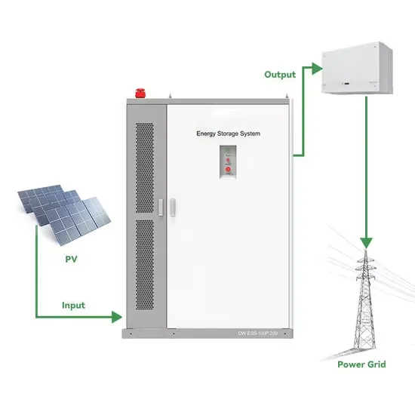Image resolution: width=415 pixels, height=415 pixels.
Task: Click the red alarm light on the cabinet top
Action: coord(140,94)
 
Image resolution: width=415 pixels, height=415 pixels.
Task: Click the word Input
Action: coord(73,306)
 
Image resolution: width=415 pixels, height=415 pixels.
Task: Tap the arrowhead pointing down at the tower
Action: coord(366,244)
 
